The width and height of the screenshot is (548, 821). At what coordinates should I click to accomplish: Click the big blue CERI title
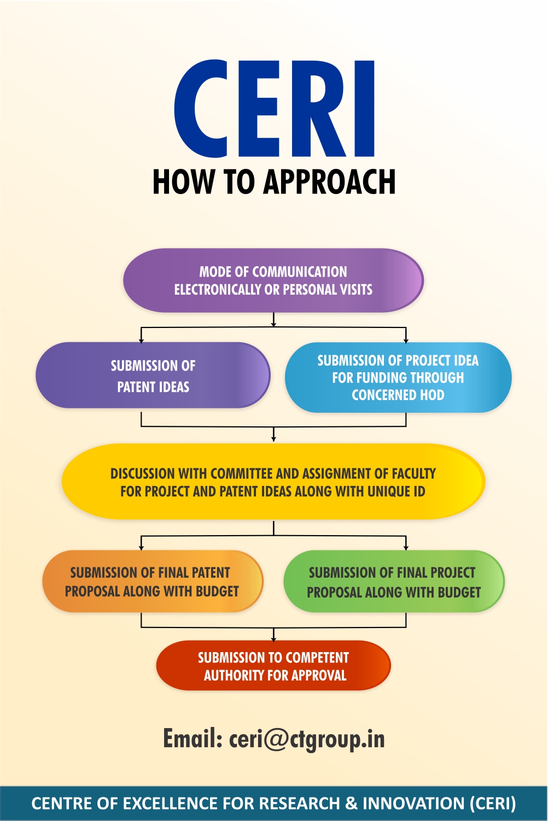(x=275, y=109)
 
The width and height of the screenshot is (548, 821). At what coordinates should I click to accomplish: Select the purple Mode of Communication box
(x=273, y=280)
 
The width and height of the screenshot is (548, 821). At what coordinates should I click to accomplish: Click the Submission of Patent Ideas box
(x=153, y=376)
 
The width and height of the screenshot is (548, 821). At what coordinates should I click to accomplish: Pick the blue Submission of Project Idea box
(x=398, y=377)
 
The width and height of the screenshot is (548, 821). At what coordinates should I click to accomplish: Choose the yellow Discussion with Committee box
(x=273, y=482)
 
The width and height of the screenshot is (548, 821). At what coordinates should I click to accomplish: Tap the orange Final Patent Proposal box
(x=152, y=582)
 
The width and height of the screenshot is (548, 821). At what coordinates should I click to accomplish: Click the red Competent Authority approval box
(x=273, y=666)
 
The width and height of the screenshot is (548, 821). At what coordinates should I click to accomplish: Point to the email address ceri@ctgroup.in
(x=307, y=739)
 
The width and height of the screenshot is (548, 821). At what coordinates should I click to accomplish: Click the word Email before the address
(x=192, y=739)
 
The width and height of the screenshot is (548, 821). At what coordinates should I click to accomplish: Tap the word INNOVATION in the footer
(x=413, y=804)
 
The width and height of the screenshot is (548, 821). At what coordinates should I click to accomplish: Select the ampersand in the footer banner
(x=351, y=804)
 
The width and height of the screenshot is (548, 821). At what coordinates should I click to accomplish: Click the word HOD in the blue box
(x=432, y=395)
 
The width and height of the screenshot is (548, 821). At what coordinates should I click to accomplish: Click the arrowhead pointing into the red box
(x=273, y=638)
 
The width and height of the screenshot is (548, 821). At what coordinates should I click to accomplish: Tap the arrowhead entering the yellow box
(x=273, y=438)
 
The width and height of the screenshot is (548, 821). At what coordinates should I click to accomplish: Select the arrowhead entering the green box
(x=406, y=547)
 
